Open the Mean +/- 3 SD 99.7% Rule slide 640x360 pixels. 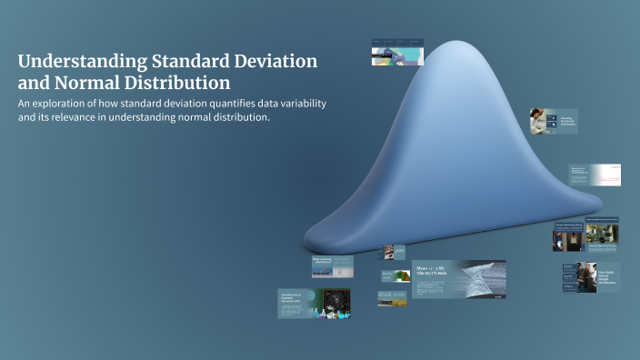[x=458, y=279]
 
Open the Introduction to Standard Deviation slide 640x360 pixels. [x=314, y=304]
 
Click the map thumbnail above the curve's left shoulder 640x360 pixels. [x=397, y=52]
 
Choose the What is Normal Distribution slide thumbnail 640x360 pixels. [x=331, y=265]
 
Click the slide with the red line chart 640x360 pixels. [x=595, y=175]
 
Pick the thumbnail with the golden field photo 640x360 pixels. [x=392, y=299]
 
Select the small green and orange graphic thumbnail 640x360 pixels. [x=393, y=275]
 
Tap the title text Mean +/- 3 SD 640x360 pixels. [x=432, y=269]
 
